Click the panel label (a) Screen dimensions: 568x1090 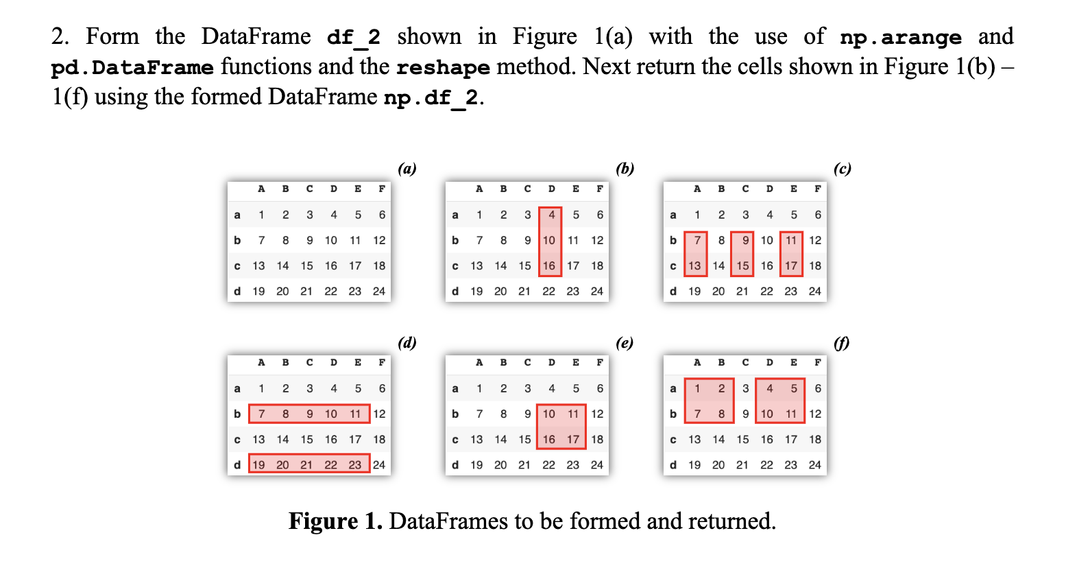407,169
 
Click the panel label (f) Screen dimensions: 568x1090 841,342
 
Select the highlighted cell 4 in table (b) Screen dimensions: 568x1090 551,215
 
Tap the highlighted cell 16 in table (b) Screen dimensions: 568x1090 549,265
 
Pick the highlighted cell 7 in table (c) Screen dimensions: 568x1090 697,240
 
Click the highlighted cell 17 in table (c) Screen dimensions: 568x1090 791,265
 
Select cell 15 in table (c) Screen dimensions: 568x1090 742,265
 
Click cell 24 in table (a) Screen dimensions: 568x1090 379,291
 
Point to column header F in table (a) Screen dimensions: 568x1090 382,189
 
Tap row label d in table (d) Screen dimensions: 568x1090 237,464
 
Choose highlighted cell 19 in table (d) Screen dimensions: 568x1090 258,464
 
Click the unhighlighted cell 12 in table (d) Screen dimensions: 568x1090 379,414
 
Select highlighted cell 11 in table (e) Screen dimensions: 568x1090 573,414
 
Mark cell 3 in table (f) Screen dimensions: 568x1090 745,388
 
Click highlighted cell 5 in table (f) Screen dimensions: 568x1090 794,388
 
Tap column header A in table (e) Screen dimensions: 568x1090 479,362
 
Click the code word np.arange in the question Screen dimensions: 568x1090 900,37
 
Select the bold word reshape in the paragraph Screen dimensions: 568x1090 443,67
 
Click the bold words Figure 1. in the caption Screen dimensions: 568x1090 335,521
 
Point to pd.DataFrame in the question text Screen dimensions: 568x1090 132,67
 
